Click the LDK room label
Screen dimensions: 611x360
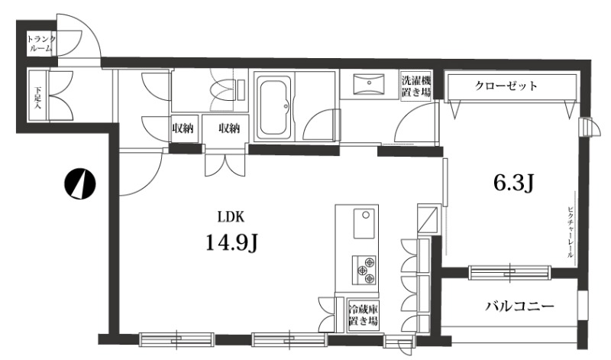(x=231, y=217)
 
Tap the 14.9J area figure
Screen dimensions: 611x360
(x=231, y=244)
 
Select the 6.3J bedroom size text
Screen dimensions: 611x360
(x=512, y=183)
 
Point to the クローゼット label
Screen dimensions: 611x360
(x=506, y=86)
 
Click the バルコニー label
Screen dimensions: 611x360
(x=519, y=306)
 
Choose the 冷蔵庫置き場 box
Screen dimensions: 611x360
(x=364, y=315)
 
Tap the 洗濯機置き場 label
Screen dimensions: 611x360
(x=416, y=86)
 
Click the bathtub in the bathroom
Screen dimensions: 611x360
(x=274, y=106)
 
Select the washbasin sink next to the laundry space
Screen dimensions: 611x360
(x=368, y=84)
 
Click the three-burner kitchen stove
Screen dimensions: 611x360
(x=364, y=270)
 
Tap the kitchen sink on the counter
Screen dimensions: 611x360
(x=364, y=223)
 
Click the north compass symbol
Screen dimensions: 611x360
(x=80, y=183)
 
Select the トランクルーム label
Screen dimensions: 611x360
(x=40, y=44)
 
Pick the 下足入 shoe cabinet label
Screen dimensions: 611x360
(x=37, y=97)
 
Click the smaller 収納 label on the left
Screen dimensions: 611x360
(x=183, y=128)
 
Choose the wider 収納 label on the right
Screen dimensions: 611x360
(x=228, y=128)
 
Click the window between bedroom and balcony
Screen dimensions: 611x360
(x=509, y=272)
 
